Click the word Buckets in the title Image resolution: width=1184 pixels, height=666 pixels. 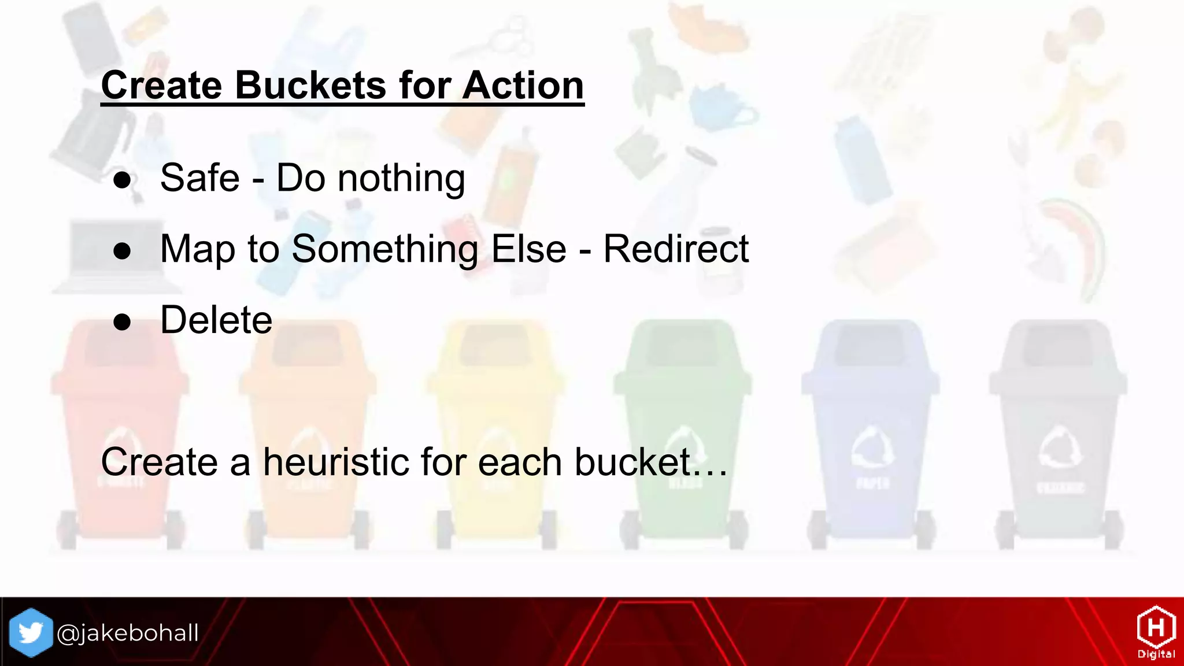click(x=310, y=86)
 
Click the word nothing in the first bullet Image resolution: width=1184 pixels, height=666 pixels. click(x=401, y=179)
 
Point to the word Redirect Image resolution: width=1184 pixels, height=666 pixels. click(x=676, y=249)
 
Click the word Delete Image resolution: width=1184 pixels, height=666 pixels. click(x=216, y=320)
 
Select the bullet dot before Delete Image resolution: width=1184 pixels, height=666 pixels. click(x=122, y=321)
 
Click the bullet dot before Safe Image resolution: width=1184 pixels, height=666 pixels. click(x=122, y=180)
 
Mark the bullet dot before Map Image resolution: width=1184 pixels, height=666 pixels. click(x=122, y=251)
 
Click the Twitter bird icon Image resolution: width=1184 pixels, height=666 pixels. click(x=31, y=632)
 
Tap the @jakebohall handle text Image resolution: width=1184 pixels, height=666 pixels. click(x=128, y=633)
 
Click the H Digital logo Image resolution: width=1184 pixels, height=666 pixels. click(x=1156, y=632)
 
